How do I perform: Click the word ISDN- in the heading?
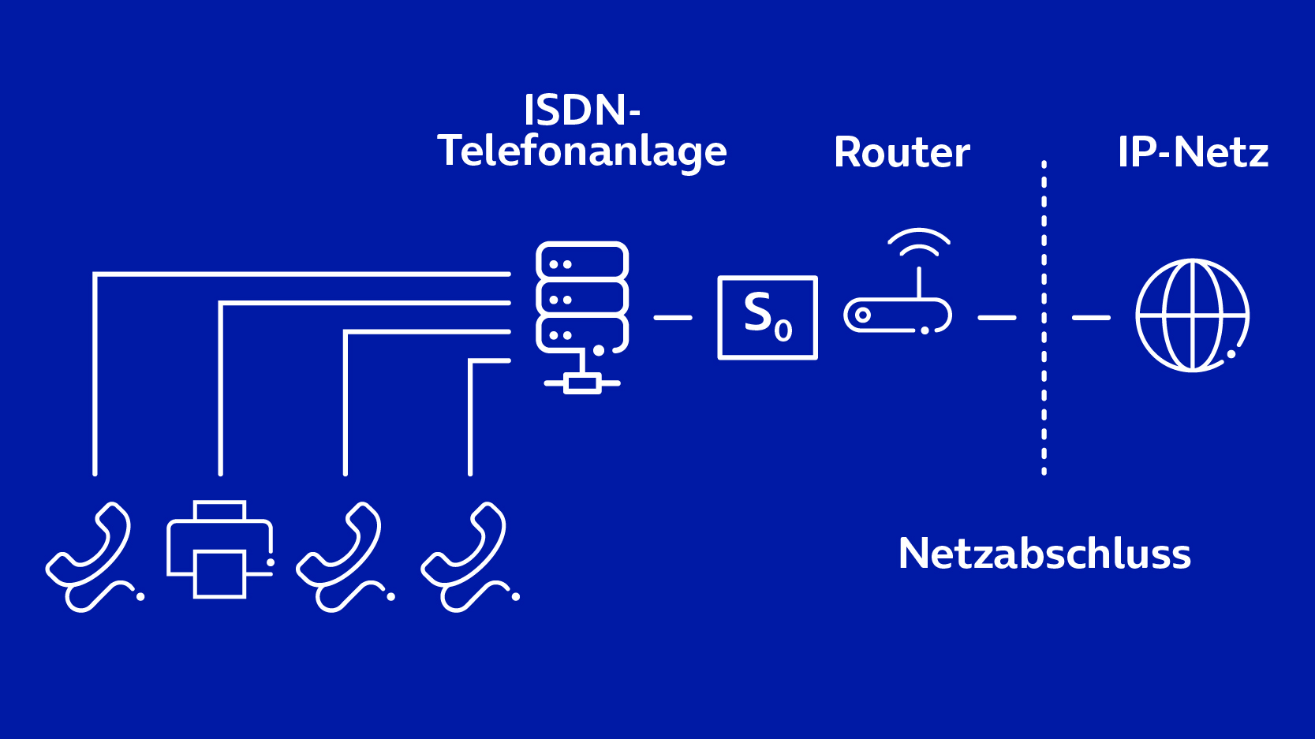[581, 110]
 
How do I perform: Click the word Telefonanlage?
[582, 151]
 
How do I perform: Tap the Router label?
[902, 152]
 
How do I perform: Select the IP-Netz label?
[1193, 152]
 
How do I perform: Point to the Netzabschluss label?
[1044, 554]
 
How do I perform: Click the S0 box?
[767, 317]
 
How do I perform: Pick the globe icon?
[1192, 315]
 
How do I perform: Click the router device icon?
[898, 315]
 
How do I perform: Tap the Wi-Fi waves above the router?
[919, 241]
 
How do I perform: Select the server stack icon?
[582, 297]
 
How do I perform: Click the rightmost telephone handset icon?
[468, 557]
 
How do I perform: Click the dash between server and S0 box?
[673, 318]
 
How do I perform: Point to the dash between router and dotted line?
[997, 318]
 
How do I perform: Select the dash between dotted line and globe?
[1091, 318]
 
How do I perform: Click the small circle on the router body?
[863, 315]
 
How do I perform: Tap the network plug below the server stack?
[582, 383]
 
